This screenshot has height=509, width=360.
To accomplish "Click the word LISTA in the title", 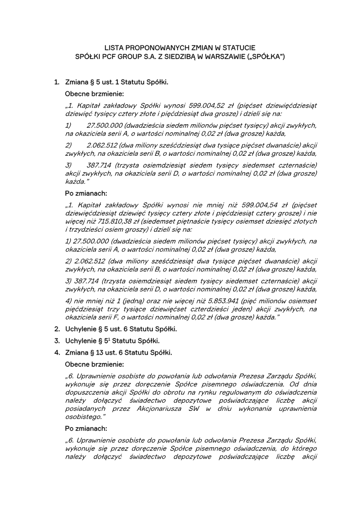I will [x=114, y=47].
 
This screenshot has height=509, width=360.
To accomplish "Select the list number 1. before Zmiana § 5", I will [x=57, y=83].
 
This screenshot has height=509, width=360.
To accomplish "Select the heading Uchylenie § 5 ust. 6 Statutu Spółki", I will [x=121, y=329].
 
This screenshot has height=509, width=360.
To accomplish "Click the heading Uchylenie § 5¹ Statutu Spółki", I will [x=112, y=341].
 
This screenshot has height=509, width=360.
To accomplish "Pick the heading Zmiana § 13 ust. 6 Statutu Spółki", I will [x=118, y=352].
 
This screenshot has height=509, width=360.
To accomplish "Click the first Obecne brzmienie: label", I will [x=94, y=94].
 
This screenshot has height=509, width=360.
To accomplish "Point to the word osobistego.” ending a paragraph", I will [x=85, y=416].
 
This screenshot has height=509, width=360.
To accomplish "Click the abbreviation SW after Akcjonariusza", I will [x=194, y=408].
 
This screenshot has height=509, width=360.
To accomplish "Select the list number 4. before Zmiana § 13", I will [x=57, y=352].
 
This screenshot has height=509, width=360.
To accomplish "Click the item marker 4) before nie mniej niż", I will [x=69, y=301].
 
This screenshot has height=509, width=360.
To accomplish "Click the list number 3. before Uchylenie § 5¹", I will [x=57, y=341].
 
